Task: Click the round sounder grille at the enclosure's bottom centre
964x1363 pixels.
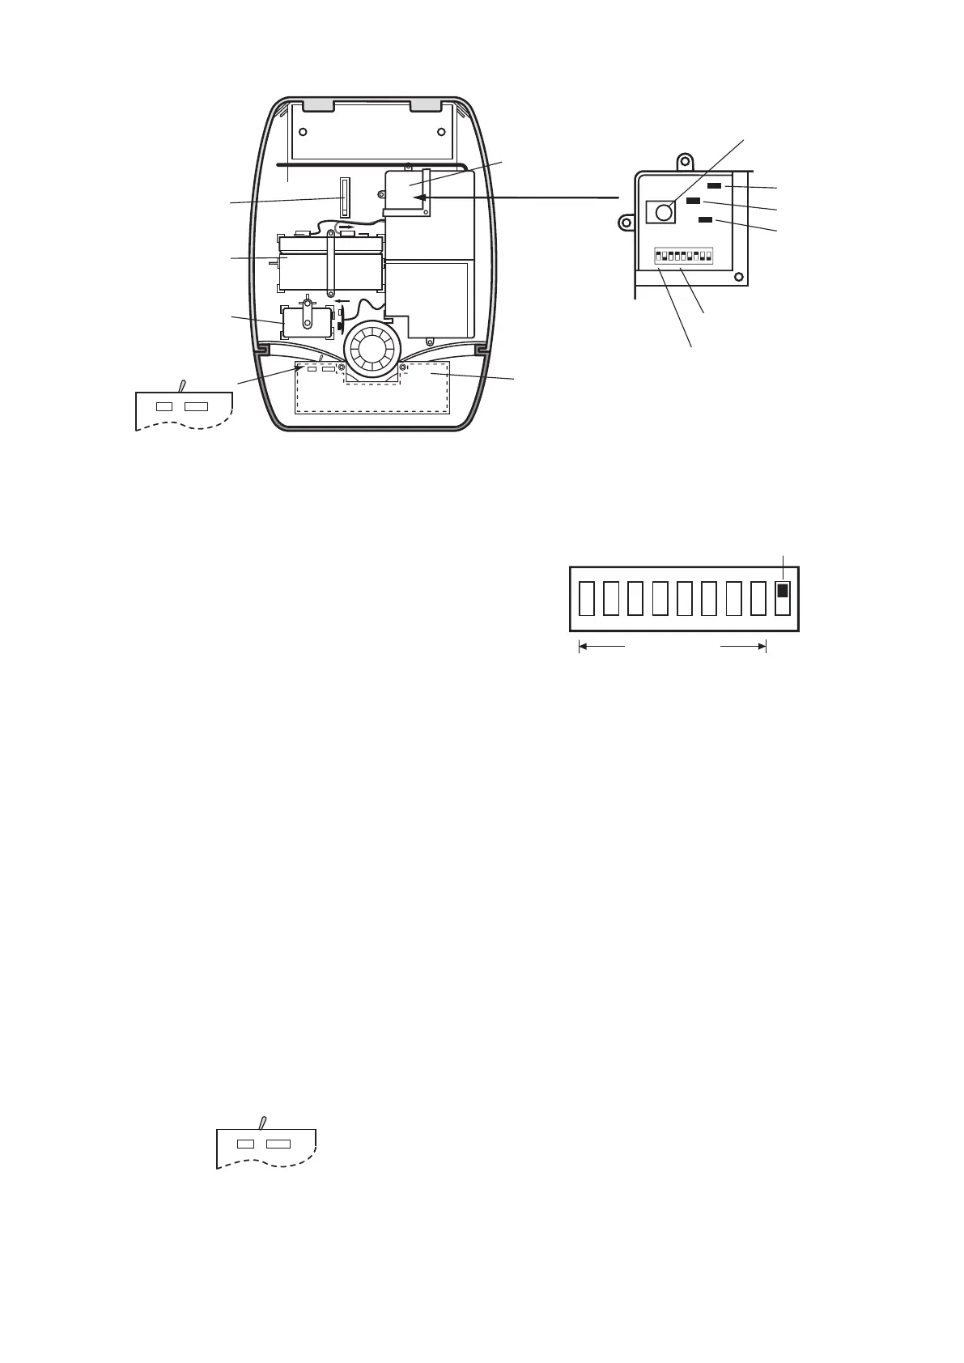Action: [x=372, y=350]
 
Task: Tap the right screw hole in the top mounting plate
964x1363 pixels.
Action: [x=440, y=132]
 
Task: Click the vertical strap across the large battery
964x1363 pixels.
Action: [x=332, y=265]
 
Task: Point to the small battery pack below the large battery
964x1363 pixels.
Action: [x=306, y=322]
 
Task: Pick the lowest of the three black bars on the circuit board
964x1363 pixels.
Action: [x=706, y=219]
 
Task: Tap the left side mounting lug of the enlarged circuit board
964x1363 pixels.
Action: [x=626, y=221]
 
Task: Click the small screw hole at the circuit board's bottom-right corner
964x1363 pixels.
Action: [x=738, y=278]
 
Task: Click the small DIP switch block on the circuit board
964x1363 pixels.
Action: [x=683, y=257]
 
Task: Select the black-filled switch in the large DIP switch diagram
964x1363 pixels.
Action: [x=782, y=592]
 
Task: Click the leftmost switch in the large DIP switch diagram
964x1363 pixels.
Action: [x=587, y=598]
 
